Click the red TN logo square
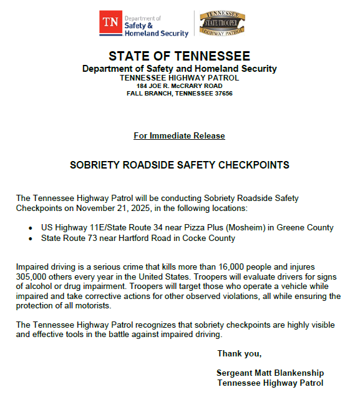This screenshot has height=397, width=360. tap(110, 24)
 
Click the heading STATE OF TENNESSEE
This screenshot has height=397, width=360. tap(179, 56)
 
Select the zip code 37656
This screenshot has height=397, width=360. tap(221, 94)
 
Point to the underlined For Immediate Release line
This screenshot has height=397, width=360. tap(179, 135)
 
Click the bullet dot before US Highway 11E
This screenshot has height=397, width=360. tap(31, 228)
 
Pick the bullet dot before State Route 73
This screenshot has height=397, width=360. tap(31, 238)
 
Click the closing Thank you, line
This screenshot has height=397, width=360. tap(239, 354)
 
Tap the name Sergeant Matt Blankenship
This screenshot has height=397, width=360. tap(270, 373)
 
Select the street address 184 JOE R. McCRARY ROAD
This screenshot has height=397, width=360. tap(179, 86)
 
